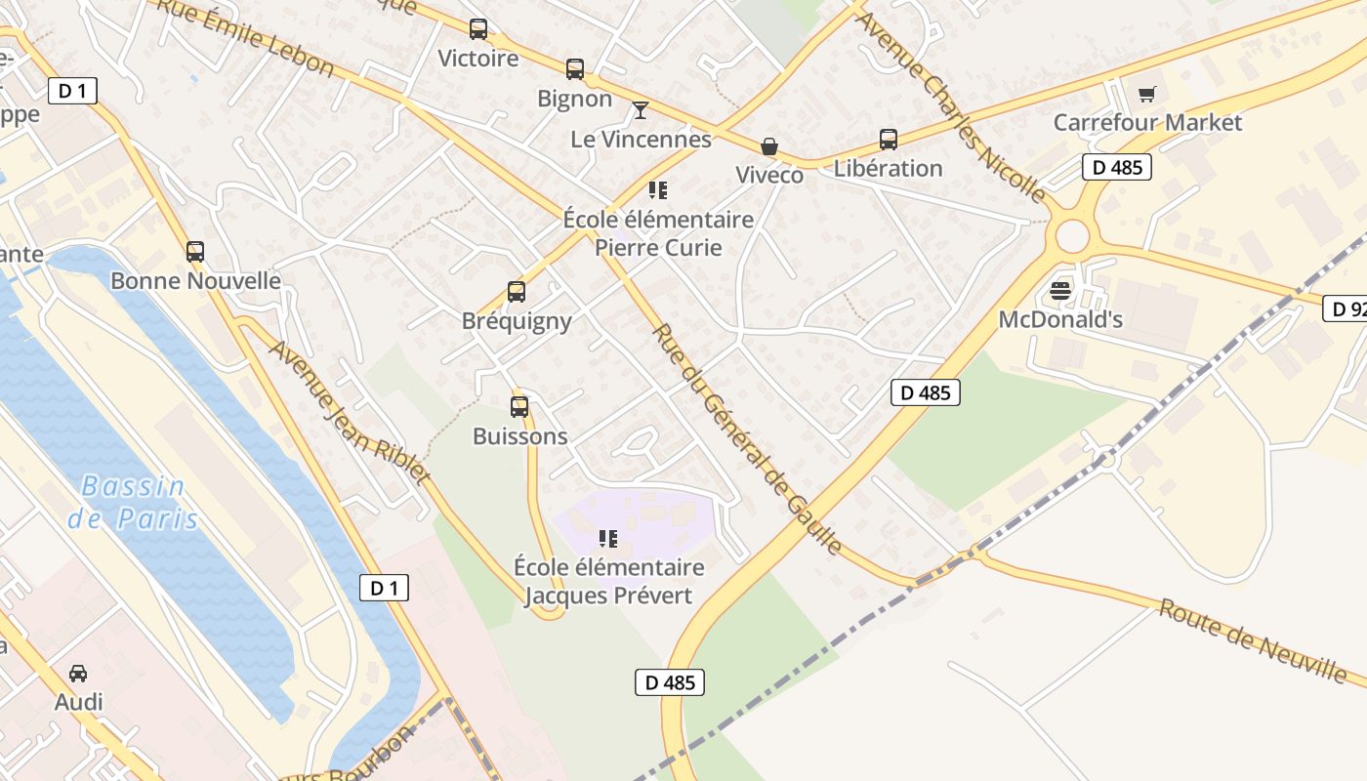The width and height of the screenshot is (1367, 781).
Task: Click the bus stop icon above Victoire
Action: pyautogui.click(x=478, y=29)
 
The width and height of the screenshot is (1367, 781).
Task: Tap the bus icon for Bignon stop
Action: pyautogui.click(x=575, y=69)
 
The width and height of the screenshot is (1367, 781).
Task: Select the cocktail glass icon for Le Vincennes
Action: pyautogui.click(x=641, y=109)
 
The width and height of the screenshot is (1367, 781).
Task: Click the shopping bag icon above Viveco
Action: pyautogui.click(x=769, y=146)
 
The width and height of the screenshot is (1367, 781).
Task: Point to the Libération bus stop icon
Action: pyautogui.click(x=888, y=140)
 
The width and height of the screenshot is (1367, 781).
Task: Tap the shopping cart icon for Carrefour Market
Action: pyautogui.click(x=1146, y=94)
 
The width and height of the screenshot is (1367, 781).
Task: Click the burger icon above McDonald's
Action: pyautogui.click(x=1060, y=290)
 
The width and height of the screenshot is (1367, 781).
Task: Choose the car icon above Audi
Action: pyautogui.click(x=78, y=673)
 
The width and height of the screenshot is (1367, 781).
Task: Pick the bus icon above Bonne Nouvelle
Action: pyautogui.click(x=195, y=252)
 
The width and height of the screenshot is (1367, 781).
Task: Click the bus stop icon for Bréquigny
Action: pyautogui.click(x=517, y=292)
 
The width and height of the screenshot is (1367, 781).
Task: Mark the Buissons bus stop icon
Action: pyautogui.click(x=519, y=407)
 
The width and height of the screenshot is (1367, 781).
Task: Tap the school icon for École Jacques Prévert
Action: pyautogui.click(x=608, y=538)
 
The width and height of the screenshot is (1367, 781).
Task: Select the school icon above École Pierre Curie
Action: pyautogui.click(x=658, y=189)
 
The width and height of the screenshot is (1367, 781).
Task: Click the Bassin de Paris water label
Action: pyautogui.click(x=133, y=502)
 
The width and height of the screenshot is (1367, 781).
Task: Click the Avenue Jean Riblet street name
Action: pyautogui.click(x=350, y=411)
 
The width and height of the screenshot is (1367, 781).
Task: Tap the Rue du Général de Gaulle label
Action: pyautogui.click(x=747, y=438)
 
